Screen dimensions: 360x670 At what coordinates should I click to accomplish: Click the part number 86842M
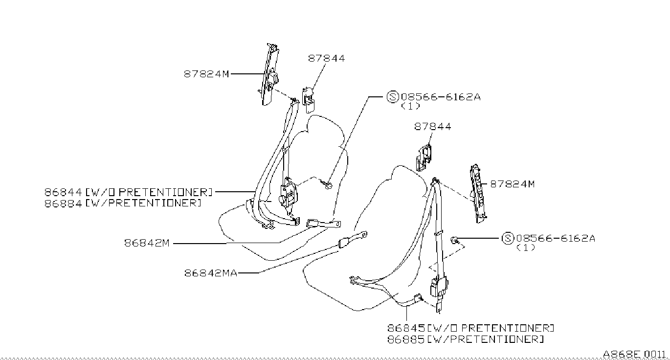coord(146,243)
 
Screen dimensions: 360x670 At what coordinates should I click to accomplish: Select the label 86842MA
coord(211,273)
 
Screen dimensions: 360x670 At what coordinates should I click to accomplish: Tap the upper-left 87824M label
coord(206,74)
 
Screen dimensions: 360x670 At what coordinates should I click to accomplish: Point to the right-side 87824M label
coord(512,184)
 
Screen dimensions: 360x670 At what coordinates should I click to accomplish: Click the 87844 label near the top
coord(326,58)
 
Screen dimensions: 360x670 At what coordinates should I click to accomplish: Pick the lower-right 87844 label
coord(433,126)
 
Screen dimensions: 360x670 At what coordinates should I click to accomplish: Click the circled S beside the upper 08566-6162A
coord(393,97)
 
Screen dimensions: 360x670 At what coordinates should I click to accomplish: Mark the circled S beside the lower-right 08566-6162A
coord(508,238)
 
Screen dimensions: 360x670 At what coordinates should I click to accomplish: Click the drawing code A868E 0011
coord(634,354)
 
